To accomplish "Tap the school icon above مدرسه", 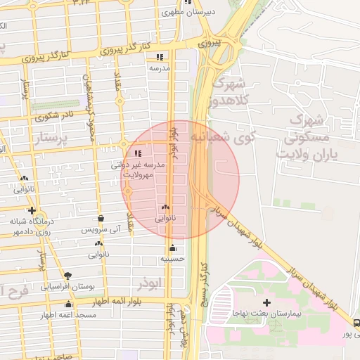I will click(160, 57).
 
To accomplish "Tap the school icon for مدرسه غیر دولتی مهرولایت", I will click(137, 153).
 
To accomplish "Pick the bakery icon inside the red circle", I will click(166, 207).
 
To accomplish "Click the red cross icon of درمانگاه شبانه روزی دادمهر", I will click(32, 210).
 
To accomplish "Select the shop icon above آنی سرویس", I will click(101, 218).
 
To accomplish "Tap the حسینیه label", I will click(172, 258).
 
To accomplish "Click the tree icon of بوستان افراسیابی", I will click(67, 276).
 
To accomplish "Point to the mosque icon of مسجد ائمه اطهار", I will click(68, 304).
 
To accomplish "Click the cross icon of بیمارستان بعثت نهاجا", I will click(266, 302).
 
